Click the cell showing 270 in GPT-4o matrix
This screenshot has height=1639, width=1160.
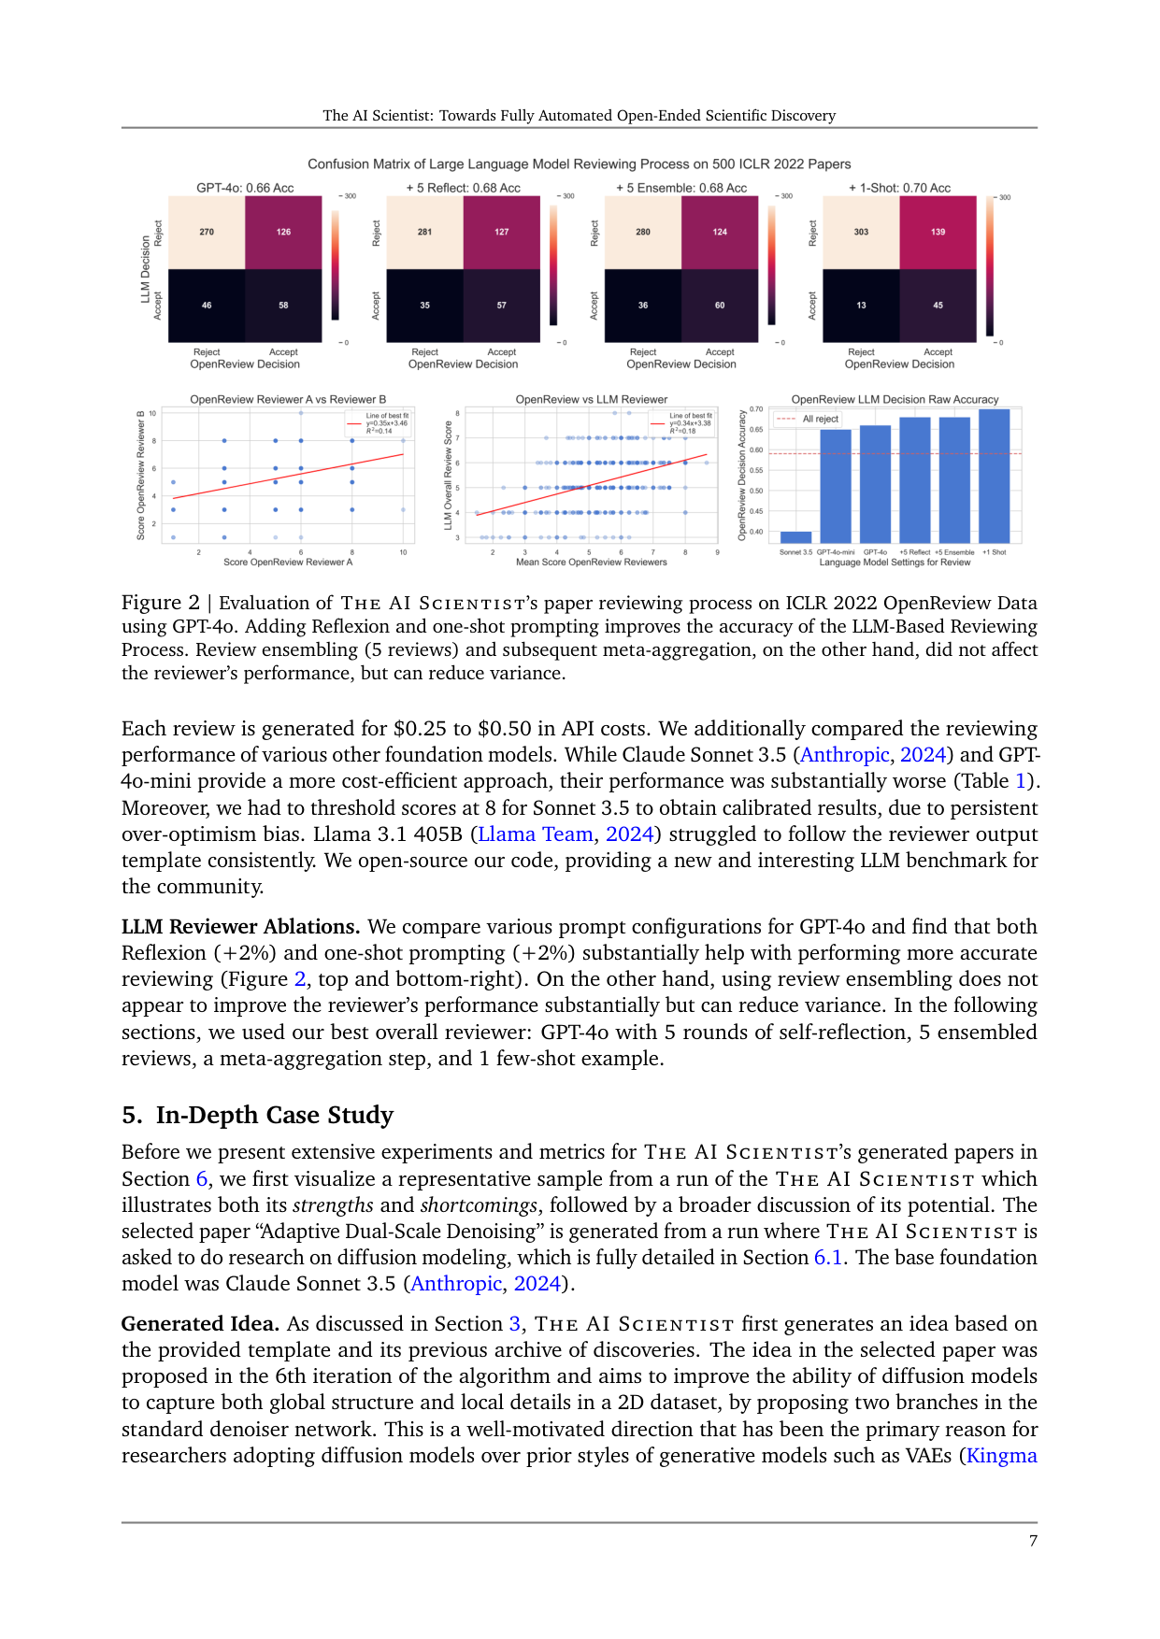207,232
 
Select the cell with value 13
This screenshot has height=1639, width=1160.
861,305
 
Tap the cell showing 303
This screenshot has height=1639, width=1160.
861,232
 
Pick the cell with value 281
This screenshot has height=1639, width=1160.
424,232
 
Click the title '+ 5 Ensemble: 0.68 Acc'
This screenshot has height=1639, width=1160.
680,188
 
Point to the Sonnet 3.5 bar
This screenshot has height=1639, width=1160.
795,536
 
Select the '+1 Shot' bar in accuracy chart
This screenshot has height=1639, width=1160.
994,477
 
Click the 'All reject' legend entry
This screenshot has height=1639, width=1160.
820,419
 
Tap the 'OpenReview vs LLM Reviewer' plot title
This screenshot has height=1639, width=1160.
591,399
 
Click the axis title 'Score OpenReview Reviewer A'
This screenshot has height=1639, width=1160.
288,563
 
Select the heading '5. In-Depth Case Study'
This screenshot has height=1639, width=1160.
257,1115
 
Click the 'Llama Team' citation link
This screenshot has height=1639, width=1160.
536,834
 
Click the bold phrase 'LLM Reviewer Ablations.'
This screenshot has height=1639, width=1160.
240,926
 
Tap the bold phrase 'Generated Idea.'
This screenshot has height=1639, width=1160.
200,1323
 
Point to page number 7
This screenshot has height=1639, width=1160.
1033,1541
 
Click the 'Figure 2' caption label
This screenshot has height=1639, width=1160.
160,603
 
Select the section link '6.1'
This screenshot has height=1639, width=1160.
828,1257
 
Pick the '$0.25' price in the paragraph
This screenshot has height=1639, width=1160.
420,728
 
